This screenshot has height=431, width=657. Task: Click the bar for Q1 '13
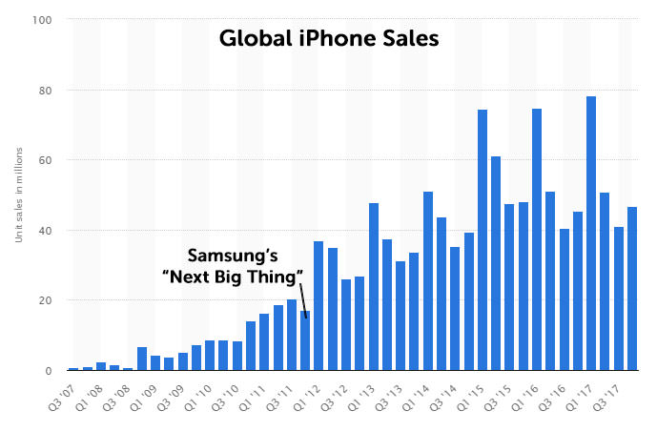click(374, 286)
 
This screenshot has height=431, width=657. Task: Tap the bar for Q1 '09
click(155, 363)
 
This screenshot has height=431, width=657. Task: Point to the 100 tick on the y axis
click(43, 20)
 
